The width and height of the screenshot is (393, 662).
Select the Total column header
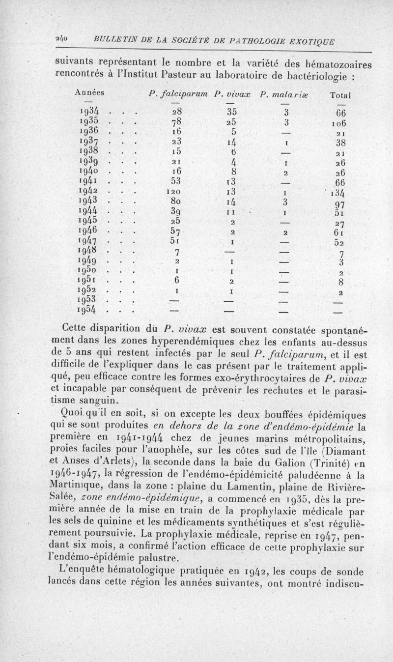[343, 94]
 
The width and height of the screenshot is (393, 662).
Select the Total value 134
[341, 192]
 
